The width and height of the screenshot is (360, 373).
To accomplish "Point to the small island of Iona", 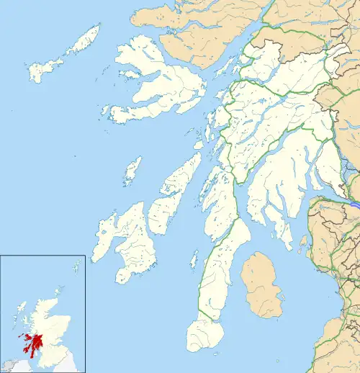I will point(105,112).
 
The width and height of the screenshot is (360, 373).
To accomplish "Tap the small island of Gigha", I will point(194,259).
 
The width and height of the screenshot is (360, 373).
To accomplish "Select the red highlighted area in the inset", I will point(31,338).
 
